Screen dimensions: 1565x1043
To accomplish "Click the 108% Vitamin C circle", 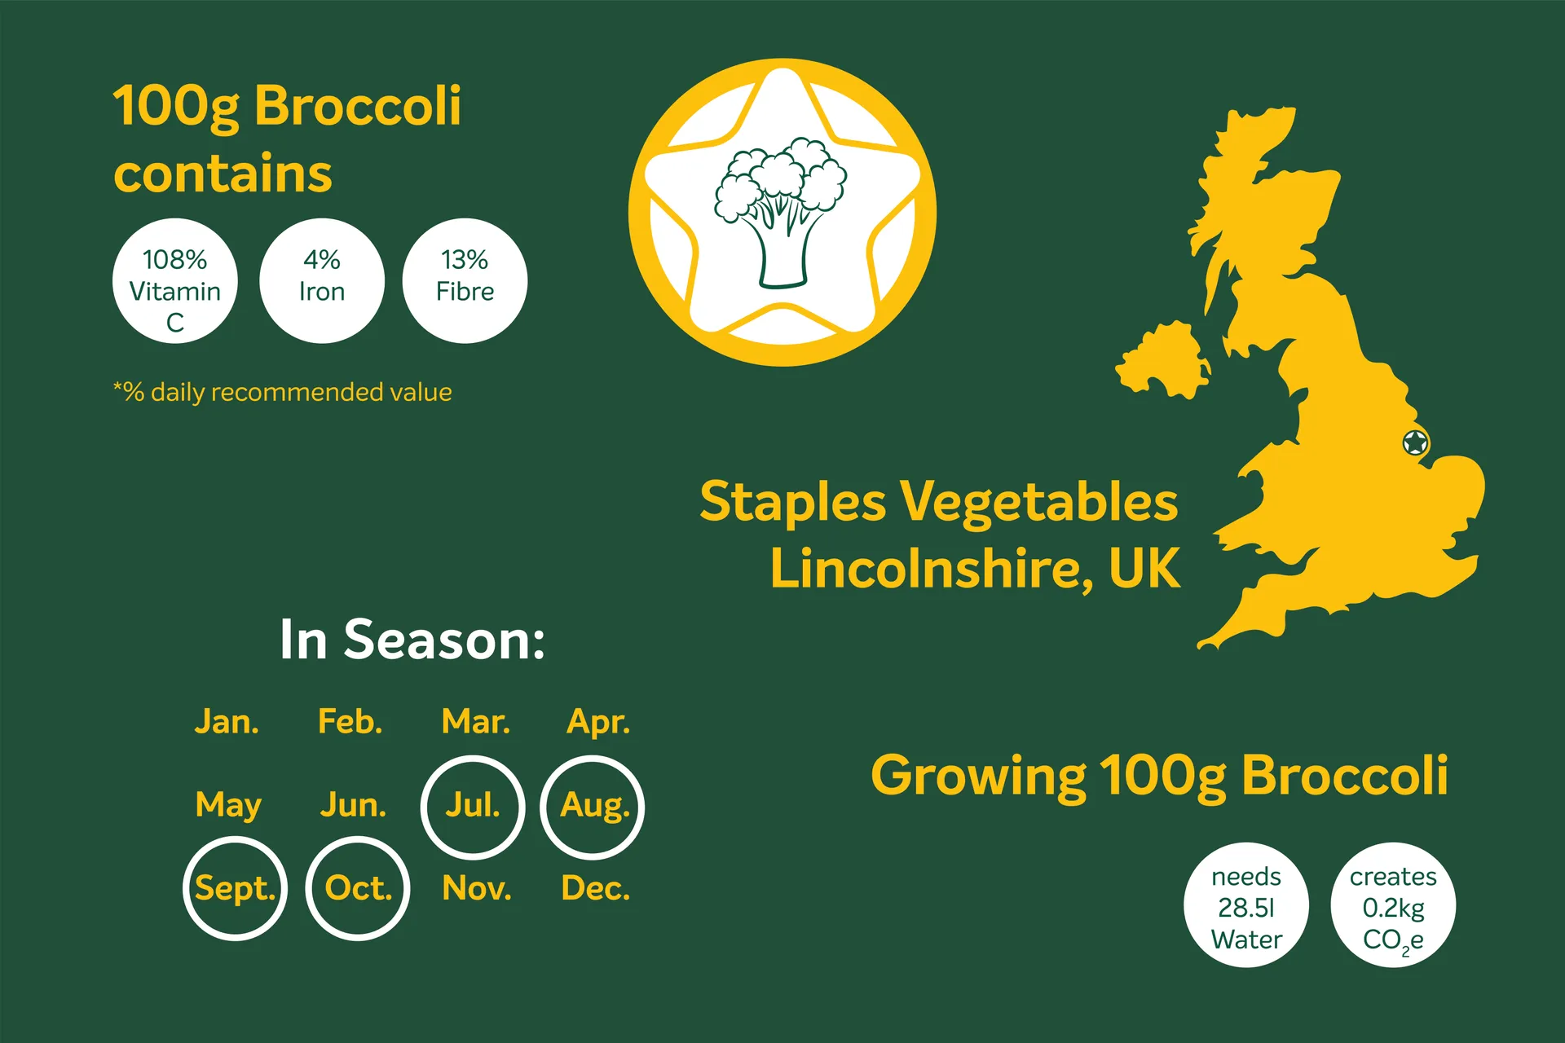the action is tap(175, 281).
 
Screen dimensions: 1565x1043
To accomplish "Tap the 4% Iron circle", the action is tap(322, 281).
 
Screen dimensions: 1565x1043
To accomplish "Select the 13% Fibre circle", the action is tap(465, 281).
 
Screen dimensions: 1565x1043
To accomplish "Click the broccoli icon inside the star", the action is tap(781, 213).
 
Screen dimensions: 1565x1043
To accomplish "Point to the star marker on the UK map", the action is tap(1416, 443).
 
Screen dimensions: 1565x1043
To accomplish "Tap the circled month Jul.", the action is tap(473, 808).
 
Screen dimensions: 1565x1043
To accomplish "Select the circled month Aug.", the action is tap(593, 808).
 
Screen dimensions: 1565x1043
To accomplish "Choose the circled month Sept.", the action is tap(236, 889).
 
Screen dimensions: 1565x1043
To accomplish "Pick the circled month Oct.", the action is tap(358, 889).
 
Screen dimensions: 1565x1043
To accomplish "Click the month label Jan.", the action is tap(227, 722).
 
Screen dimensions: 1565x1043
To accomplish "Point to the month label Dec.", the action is tap(596, 888).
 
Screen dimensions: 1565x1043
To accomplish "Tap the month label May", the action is tap(228, 806).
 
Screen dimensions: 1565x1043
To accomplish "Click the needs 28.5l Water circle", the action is tap(1246, 905).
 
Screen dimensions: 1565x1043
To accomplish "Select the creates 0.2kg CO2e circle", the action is tap(1393, 905).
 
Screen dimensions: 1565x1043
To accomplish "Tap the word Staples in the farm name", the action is tap(793, 503).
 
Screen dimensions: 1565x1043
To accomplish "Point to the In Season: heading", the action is tap(412, 640).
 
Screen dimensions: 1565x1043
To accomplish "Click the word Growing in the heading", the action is tap(978, 777).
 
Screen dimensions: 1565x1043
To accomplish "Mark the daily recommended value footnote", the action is tap(282, 393).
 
